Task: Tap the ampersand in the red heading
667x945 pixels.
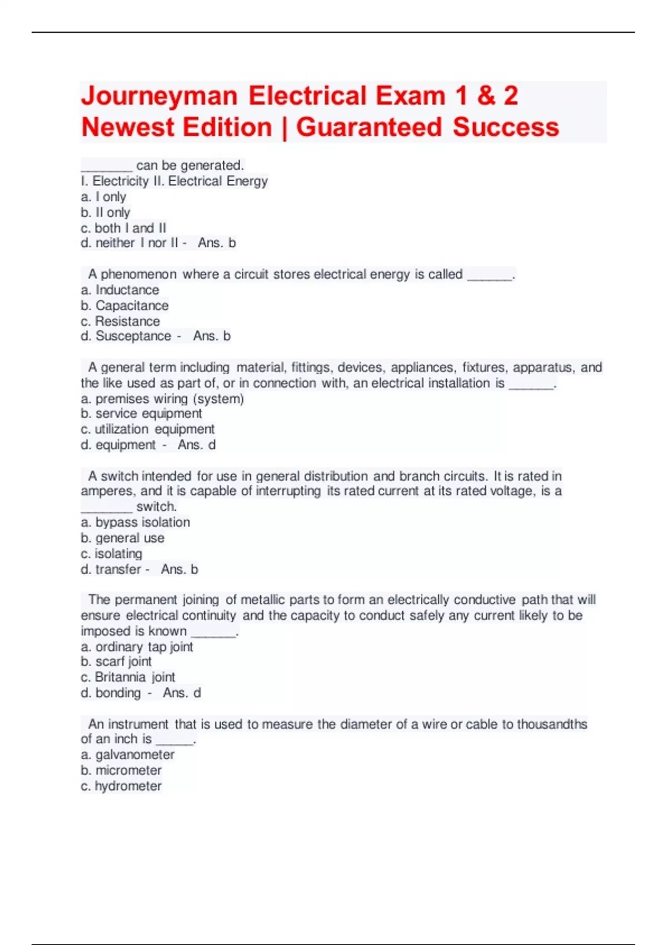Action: tap(486, 96)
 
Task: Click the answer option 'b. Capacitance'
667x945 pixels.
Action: tap(125, 306)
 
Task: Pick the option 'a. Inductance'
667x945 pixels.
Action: tap(120, 290)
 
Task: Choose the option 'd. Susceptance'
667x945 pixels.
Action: tap(126, 336)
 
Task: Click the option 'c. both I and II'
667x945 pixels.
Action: tap(123, 228)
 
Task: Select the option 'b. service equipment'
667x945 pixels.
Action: tap(141, 414)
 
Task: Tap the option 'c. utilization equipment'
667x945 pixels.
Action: tap(147, 429)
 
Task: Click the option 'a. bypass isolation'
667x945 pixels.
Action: tap(136, 523)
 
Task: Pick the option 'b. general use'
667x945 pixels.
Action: tap(123, 538)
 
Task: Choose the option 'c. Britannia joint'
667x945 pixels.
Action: tap(128, 677)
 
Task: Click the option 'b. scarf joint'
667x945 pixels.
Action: tap(116, 661)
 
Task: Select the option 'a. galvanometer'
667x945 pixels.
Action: tap(128, 755)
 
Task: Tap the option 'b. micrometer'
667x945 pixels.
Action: tap(121, 770)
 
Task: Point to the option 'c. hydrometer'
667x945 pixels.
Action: tap(121, 786)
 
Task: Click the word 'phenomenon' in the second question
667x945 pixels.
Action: tap(138, 275)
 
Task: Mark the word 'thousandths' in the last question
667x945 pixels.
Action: tap(552, 724)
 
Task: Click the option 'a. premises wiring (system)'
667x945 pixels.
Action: tap(162, 399)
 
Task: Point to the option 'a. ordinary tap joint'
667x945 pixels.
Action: tap(137, 647)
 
